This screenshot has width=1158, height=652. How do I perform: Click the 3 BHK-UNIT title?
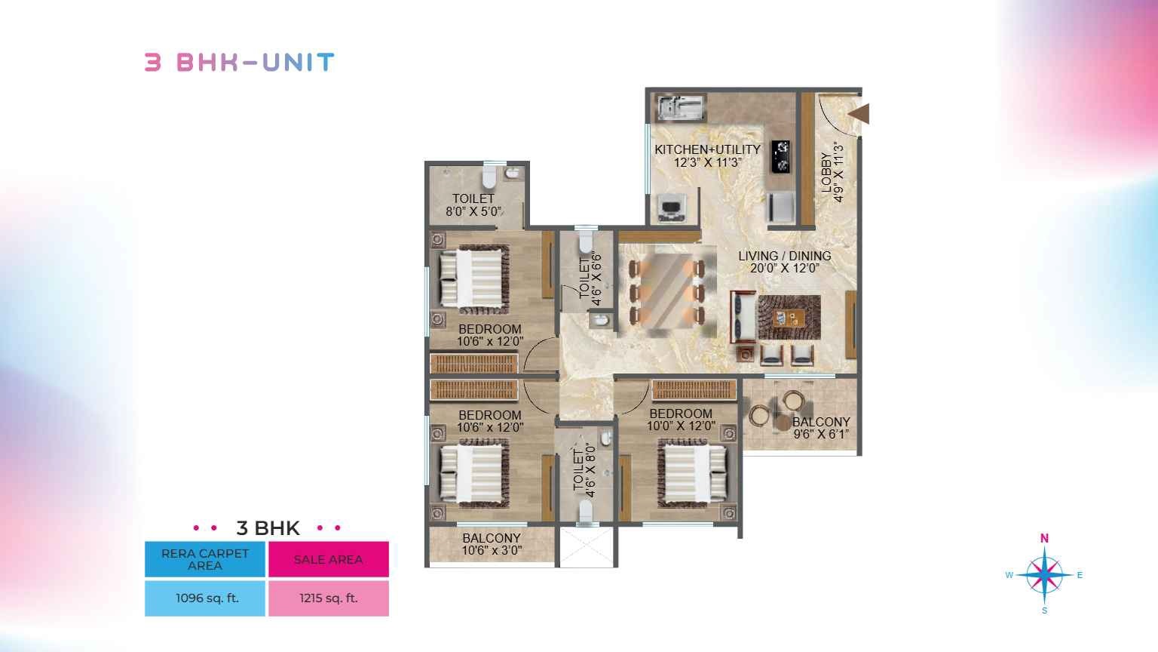tap(239, 63)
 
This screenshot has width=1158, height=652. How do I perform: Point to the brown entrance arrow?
tap(859, 114)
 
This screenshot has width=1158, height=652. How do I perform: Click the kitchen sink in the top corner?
tap(680, 108)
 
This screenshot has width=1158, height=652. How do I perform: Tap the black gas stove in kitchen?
tap(780, 156)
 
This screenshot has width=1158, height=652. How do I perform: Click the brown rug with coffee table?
tap(789, 317)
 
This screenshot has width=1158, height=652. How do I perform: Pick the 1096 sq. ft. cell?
tap(205, 598)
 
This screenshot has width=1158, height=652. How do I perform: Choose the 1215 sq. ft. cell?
tap(329, 598)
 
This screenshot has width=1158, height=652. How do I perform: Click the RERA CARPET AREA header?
tap(205, 559)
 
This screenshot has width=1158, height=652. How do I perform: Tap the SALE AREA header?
tap(329, 559)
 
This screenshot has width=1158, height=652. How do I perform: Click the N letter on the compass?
tap(1044, 538)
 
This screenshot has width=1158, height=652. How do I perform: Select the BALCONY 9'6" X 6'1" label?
tap(822, 428)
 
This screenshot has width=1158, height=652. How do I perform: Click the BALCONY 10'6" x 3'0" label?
tap(492, 544)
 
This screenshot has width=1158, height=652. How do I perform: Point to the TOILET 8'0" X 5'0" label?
tap(473, 205)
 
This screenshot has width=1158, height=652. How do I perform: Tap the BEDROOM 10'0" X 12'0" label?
tap(681, 420)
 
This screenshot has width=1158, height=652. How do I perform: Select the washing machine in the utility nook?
tap(672, 208)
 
